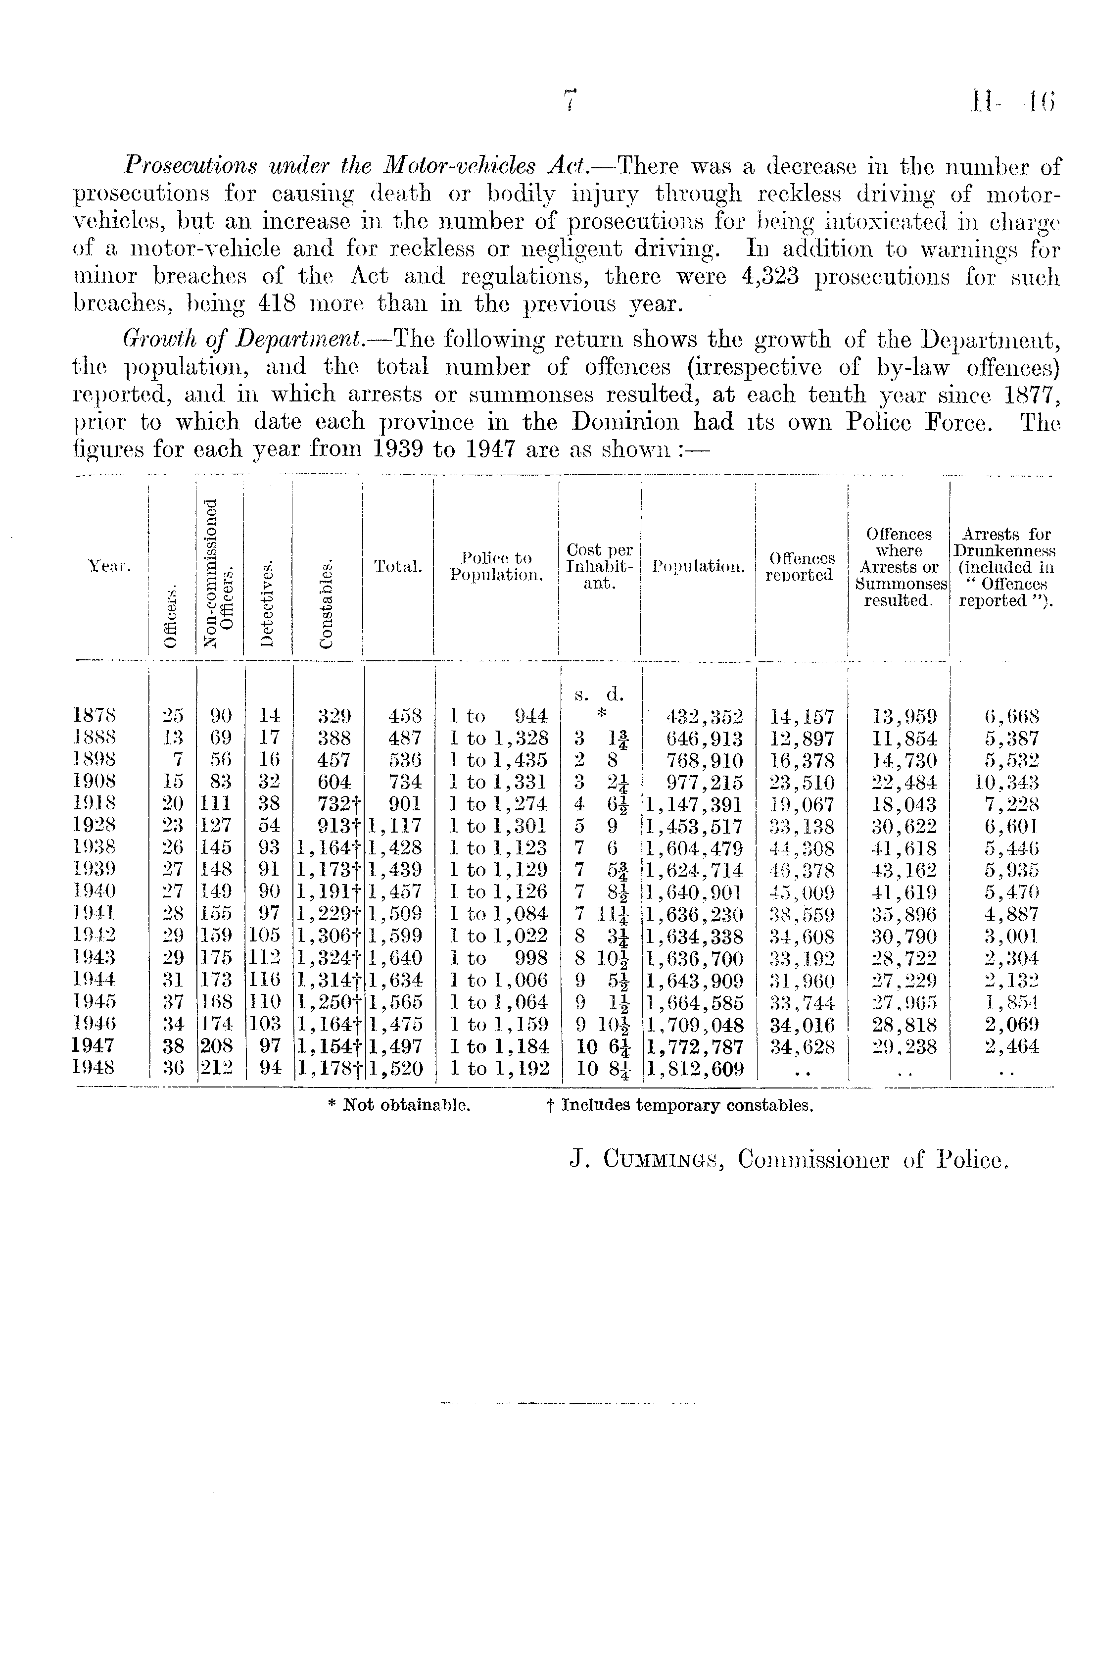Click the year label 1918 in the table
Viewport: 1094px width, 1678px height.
pos(95,804)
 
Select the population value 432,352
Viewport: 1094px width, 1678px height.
pos(704,717)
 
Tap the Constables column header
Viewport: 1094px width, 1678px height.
pos(325,603)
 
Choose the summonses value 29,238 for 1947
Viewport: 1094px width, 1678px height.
pos(904,1046)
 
